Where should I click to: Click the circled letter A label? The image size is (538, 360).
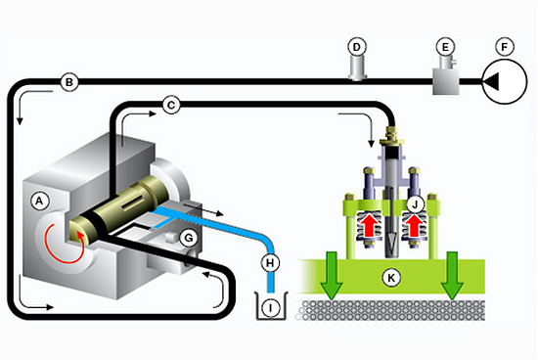(x=40, y=201)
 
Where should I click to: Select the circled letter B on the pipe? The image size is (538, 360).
(x=69, y=82)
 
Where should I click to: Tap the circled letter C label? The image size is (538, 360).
(x=171, y=105)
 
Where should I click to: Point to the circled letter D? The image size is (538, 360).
(x=357, y=47)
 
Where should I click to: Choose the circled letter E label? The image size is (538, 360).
(x=445, y=47)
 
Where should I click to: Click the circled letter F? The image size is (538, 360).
(x=505, y=47)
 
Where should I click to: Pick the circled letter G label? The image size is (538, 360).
(x=189, y=238)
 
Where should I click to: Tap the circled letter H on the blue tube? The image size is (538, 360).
(x=270, y=263)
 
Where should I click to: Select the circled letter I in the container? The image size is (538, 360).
(x=271, y=307)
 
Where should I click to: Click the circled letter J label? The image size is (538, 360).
(x=415, y=204)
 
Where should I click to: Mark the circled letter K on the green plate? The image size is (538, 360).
(x=391, y=277)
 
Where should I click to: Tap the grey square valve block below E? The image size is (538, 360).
(x=446, y=81)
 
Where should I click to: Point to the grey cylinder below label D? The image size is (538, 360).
(x=357, y=68)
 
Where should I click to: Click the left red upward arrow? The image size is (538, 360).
(x=369, y=225)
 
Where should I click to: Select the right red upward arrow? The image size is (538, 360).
(x=414, y=225)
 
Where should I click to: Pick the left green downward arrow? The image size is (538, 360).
(x=332, y=275)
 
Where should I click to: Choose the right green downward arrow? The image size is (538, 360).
(x=452, y=275)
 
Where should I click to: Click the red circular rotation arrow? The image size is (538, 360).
(x=64, y=244)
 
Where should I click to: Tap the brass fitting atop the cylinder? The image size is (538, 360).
(x=391, y=137)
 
